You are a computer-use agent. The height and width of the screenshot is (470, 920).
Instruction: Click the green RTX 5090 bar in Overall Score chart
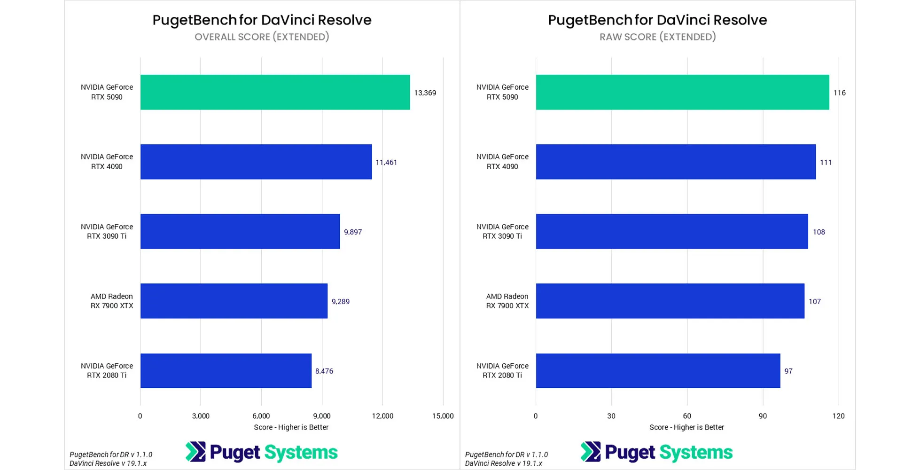pos(275,92)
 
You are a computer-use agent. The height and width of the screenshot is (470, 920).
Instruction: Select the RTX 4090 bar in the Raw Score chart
pos(676,162)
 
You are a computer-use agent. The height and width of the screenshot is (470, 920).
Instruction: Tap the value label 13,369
pos(425,93)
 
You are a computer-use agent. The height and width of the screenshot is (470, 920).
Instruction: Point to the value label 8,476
pos(324,371)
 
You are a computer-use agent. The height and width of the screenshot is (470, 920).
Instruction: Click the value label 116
pos(839,93)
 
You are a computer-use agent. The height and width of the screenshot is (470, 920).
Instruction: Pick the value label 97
pos(788,371)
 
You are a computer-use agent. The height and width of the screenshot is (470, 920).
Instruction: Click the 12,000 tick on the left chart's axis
pos(382,415)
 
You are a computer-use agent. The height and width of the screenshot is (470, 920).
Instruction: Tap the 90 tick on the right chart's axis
pos(763,415)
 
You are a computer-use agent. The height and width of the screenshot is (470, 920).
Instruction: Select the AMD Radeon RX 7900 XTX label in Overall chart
pos(112,301)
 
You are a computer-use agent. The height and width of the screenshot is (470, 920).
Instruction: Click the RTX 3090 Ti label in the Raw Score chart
pos(502,231)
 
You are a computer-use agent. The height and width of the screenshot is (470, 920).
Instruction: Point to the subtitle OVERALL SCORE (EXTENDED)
pos(262,37)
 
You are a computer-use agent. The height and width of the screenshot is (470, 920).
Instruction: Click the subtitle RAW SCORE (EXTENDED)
pos(657,37)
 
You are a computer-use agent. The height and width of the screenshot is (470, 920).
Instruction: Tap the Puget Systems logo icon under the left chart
pos(195,452)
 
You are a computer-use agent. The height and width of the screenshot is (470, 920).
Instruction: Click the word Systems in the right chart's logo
pos(696,452)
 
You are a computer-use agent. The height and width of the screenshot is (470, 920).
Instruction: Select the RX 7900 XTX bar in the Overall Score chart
pos(234,301)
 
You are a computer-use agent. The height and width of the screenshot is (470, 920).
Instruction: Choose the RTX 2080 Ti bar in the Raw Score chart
pos(658,371)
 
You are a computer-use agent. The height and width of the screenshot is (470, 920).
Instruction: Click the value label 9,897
pos(353,232)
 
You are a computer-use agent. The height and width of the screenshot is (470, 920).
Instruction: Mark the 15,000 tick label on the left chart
pos(443,415)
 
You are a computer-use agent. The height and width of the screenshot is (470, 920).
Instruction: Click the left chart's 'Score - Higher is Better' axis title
pos(291,427)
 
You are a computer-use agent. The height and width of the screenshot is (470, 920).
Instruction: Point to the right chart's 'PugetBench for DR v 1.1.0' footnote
pos(507,454)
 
